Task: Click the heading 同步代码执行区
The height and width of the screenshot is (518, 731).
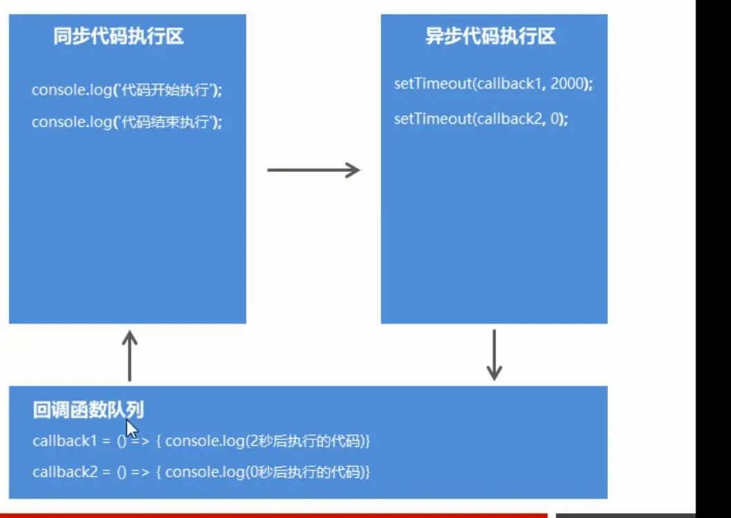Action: tap(119, 37)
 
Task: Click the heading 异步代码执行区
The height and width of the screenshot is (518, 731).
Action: tap(490, 37)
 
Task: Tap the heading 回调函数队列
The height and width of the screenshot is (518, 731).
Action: tap(88, 410)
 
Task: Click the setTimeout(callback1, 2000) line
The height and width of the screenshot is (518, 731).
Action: tap(493, 84)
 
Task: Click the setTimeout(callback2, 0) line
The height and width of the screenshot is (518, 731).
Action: tap(481, 118)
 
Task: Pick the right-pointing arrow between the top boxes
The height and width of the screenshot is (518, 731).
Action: tap(314, 170)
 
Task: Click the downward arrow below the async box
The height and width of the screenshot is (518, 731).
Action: tap(493, 355)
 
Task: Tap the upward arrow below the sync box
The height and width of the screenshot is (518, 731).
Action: tap(130, 355)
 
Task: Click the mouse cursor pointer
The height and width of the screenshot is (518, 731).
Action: tap(131, 430)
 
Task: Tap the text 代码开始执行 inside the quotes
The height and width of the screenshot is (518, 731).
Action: tap(166, 90)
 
